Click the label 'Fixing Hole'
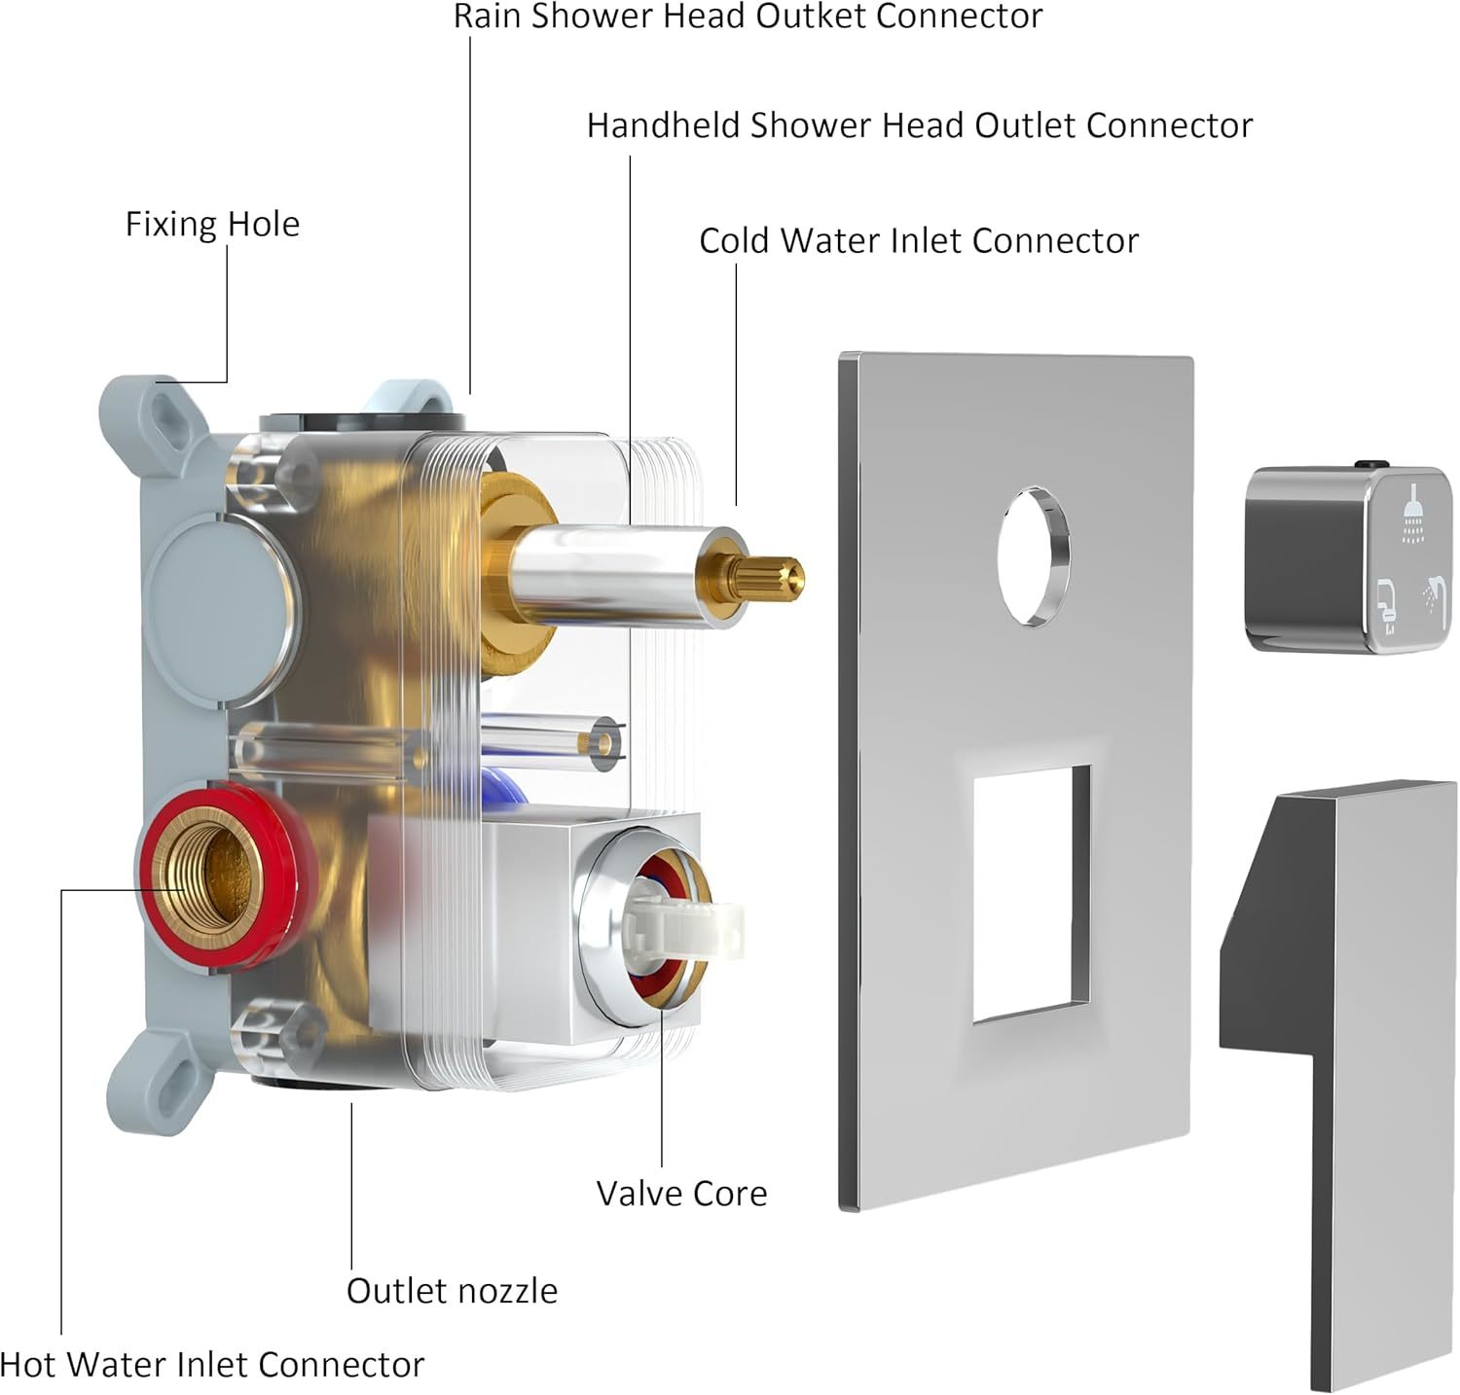tap(212, 225)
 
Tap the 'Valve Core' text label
tap(681, 1194)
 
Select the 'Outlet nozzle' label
tap(453, 1291)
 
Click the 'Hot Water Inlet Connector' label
tap(212, 1365)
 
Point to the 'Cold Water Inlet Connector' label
tap(919, 241)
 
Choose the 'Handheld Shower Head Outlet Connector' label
tap(919, 125)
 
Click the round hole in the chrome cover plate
tap(1034, 556)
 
